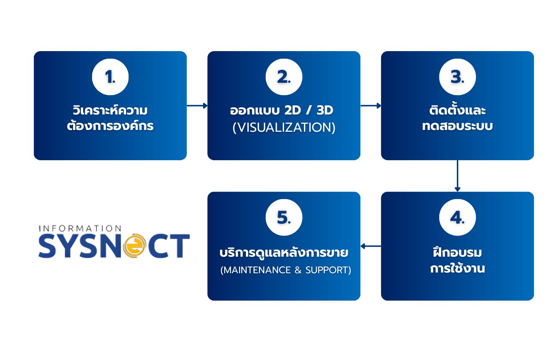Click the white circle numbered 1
(110, 77)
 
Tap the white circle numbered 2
(284, 77)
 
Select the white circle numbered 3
(457, 77)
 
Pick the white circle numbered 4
(457, 217)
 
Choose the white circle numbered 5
(284, 217)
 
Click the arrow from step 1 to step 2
(197, 105)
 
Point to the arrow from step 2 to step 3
(371, 105)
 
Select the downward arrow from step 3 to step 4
(457, 176)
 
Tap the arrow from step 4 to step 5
(371, 246)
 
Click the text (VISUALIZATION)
(284, 127)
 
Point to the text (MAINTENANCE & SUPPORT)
(286, 270)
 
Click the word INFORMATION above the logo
(80, 229)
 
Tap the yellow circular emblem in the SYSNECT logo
(134, 246)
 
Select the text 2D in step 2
(292, 111)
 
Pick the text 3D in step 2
(325, 111)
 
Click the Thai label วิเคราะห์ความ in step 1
(110, 110)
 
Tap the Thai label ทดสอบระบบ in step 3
(457, 126)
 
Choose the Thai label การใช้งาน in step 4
(457, 269)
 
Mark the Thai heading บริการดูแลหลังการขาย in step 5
(284, 253)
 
